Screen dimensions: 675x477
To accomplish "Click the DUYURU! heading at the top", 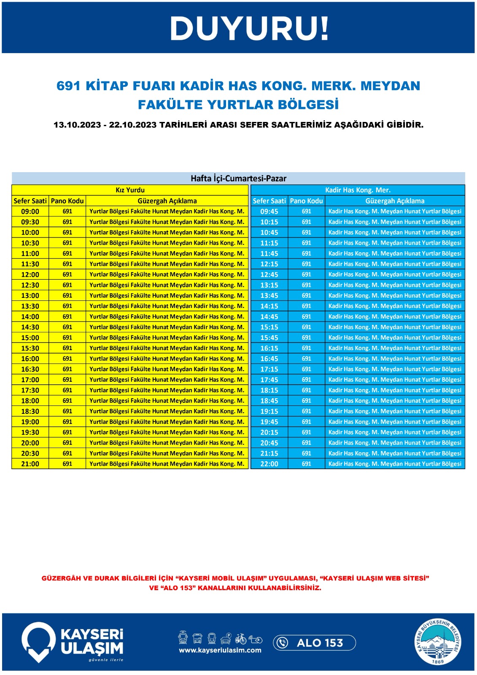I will click(x=249, y=29).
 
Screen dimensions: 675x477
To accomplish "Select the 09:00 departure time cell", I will click(x=30, y=211).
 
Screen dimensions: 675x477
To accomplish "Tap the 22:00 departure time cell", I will click(x=269, y=464).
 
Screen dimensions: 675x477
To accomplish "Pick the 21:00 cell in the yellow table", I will click(x=30, y=464).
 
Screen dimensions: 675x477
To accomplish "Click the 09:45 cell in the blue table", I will click(x=269, y=211).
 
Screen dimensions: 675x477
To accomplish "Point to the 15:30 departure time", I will click(x=30, y=348).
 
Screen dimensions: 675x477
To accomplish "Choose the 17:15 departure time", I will click(x=269, y=370).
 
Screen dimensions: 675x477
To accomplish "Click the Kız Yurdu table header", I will click(x=130, y=190).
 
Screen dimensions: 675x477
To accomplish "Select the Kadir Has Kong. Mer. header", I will click(x=358, y=190).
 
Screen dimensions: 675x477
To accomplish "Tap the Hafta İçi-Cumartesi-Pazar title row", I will click(x=238, y=178).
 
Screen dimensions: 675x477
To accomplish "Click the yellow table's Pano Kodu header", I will click(x=67, y=201).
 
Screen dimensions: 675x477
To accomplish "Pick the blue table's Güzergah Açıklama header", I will click(x=395, y=201).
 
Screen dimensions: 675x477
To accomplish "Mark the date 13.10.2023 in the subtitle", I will click(x=77, y=125).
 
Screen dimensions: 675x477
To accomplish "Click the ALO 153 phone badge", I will click(x=315, y=643).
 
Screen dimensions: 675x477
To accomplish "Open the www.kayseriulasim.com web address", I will click(x=220, y=650).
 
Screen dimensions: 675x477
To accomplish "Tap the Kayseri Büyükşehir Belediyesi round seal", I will click(x=438, y=642).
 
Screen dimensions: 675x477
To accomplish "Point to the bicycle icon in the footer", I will click(x=241, y=638).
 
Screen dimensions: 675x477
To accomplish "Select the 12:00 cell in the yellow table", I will click(x=30, y=275).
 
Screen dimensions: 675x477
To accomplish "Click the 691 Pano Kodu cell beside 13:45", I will click(x=307, y=296).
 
